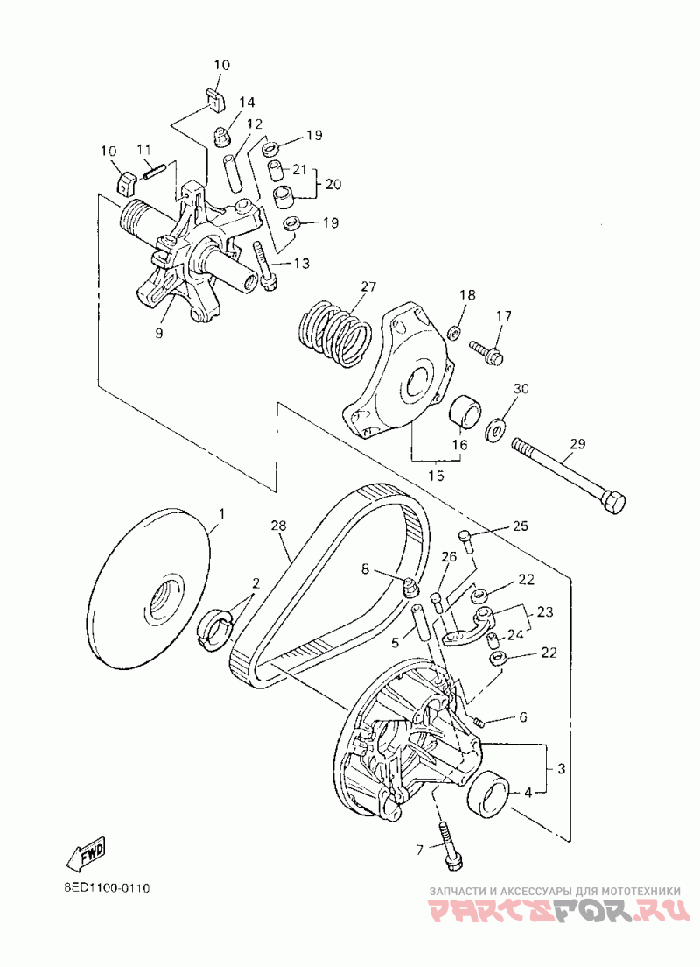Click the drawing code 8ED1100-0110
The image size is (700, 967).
107,887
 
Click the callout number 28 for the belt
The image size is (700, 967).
278,526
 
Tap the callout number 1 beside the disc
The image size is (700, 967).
221,513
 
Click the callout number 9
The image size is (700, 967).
159,333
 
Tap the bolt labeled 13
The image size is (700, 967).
264,263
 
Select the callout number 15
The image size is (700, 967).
436,476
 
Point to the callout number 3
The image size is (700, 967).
562,768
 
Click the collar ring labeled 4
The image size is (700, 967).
488,794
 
